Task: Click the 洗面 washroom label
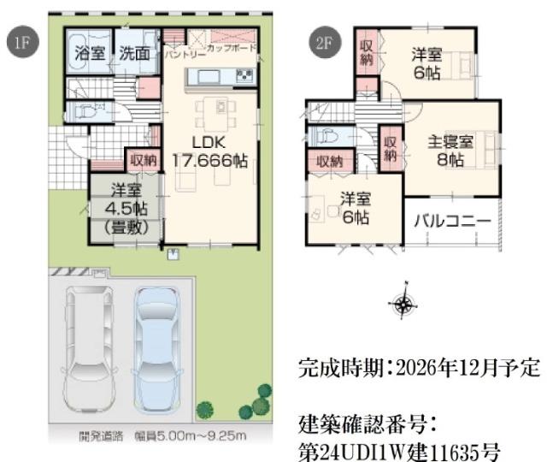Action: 135,54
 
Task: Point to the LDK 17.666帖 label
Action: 208,151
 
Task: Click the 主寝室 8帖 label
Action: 446,151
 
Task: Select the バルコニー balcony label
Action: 453,221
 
